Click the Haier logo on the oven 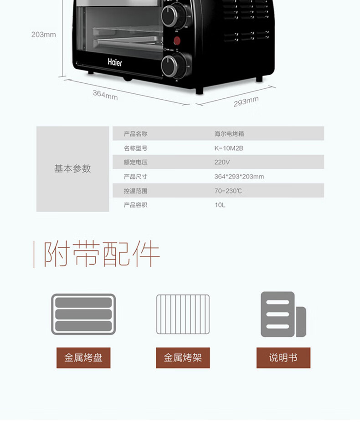point(115,62)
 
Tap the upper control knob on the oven point(170,15)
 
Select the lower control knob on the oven point(170,66)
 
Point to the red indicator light point(177,41)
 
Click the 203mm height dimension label point(44,35)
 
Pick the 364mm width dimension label point(105,95)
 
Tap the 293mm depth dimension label point(246,102)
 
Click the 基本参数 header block point(73,169)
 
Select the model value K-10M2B point(229,148)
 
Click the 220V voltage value point(222,162)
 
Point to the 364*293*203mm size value point(239,177)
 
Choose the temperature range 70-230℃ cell point(228,191)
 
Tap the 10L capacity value point(220,205)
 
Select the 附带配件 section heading point(102,255)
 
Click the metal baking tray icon point(83,314)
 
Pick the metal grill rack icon point(183,314)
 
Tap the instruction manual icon point(283,314)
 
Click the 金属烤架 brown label point(183,358)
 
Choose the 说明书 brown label point(283,358)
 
